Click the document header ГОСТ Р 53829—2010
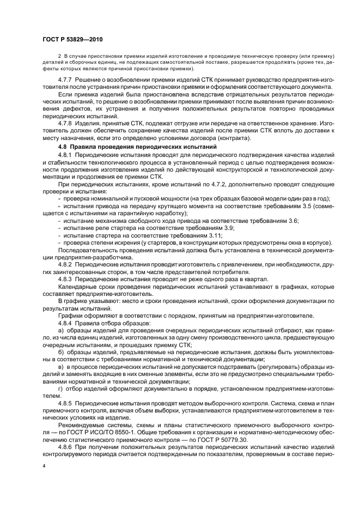click(x=73, y=40)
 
